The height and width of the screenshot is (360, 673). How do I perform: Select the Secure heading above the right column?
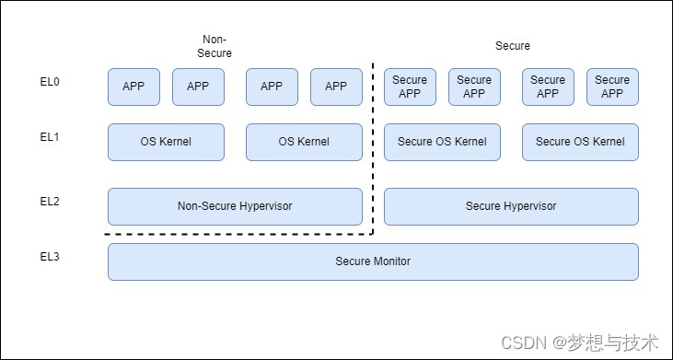pos(513,46)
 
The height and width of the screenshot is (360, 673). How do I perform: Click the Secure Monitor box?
pos(373,261)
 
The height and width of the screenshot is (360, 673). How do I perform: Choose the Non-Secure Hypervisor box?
pos(235,206)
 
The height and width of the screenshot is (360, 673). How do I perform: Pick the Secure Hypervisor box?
pos(511,206)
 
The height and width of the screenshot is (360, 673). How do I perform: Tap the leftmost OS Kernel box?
pos(166,142)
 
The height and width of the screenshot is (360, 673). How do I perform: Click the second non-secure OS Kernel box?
pos(304,142)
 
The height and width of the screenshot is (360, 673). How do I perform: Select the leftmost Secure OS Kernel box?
pos(442,142)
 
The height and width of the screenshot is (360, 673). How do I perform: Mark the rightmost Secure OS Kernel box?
pos(580,142)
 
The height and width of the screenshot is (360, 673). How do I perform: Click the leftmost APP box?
pos(133,87)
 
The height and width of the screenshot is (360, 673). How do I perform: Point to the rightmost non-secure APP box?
pos(336,87)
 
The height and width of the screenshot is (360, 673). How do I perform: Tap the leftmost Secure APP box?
pos(410,87)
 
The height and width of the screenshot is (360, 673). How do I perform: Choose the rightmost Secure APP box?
pos(612,87)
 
